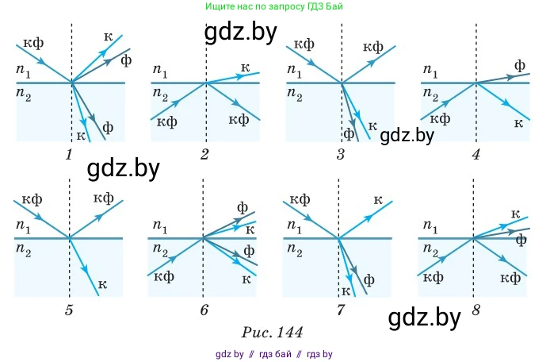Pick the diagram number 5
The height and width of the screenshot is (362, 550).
coord(69,310)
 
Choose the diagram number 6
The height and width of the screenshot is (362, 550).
coord(204,310)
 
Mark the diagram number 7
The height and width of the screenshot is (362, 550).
coord(340,310)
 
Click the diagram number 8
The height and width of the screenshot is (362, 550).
coord(476,310)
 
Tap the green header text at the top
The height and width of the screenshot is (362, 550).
coord(273,6)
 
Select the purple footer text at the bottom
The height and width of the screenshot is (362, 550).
coord(273,353)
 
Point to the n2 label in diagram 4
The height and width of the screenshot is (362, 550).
coord(430,94)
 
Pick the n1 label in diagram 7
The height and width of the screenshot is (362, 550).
coord(294,228)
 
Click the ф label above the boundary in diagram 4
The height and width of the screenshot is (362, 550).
coord(520,65)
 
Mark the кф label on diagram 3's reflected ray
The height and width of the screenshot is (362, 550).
coord(373,48)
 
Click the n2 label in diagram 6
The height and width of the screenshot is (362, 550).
coord(160,251)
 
